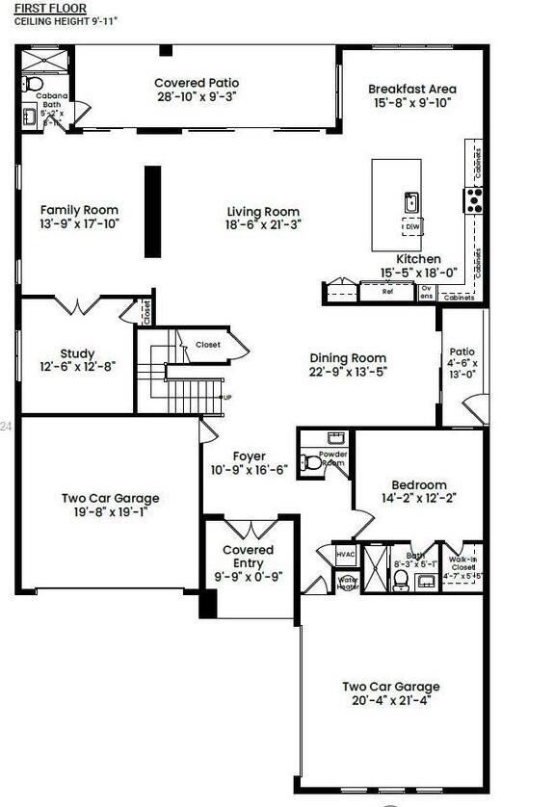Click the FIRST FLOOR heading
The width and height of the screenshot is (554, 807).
point(42,8)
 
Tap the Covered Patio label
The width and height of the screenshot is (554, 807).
point(197,84)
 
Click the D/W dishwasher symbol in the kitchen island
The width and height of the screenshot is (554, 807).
point(412,226)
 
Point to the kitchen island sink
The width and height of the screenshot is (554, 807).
point(411,202)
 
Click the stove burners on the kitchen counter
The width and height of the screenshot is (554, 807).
point(474,199)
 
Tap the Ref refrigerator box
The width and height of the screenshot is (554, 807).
point(387,291)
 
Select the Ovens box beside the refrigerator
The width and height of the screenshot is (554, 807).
point(426,292)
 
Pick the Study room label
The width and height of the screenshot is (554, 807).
point(77,353)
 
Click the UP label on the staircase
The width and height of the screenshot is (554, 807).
point(227,397)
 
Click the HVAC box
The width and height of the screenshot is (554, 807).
point(346,555)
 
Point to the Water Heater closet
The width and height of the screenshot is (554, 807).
point(347,583)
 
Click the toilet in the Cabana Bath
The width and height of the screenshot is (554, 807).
point(36,85)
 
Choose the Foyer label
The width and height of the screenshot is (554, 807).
point(249,456)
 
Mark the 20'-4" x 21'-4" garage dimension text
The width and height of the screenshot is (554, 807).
point(390,700)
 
